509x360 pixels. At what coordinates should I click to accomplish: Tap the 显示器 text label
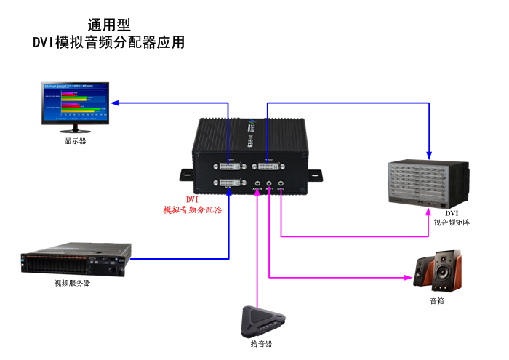76,141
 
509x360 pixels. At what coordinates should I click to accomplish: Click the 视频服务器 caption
73,283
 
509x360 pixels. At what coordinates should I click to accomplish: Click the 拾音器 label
262,343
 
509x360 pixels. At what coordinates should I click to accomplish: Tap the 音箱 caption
437,300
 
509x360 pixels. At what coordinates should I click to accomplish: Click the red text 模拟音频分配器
192,209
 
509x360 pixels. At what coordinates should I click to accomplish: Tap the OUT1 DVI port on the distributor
230,167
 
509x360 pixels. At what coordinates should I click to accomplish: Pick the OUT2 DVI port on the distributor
268,167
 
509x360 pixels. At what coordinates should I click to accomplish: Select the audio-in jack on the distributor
257,184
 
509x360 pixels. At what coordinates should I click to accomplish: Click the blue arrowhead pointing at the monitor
114,103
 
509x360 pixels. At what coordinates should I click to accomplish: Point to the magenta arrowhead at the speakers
408,277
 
